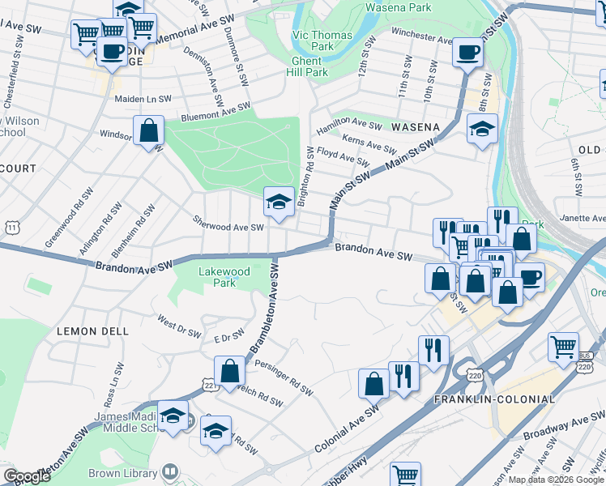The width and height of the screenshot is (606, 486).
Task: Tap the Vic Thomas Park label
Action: tap(322, 40)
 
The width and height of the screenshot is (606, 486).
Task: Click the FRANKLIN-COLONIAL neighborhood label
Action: tap(494, 399)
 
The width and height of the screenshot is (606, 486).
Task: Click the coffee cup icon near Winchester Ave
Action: tap(467, 53)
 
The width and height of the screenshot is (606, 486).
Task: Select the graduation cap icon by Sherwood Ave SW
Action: tap(278, 202)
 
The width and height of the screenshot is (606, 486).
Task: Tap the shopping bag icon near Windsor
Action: tap(149, 130)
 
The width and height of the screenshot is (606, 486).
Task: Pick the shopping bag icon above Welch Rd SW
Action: tap(230, 371)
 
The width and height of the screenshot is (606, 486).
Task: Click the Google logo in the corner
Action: tap(27, 476)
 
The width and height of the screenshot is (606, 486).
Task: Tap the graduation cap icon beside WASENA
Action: tap(482, 129)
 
